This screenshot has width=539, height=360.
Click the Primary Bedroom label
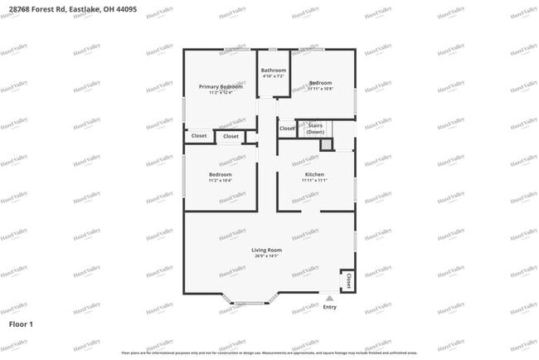pos(220,86)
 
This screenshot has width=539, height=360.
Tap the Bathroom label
pos(273,71)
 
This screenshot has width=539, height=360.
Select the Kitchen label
pos(314,174)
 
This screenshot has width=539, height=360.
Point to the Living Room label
pos(267,250)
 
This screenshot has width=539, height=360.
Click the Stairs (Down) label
pos(315,129)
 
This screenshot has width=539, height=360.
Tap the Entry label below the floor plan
pos(330,307)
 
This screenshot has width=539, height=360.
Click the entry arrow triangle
pos(330,298)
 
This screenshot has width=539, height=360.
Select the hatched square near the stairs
pos(327,145)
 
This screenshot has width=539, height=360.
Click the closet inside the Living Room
pos(347,280)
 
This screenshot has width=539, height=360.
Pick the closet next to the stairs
pos(286,129)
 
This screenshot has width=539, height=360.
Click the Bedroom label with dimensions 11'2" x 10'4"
pos(220,175)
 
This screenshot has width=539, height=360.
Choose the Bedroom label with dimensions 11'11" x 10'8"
pos(321,83)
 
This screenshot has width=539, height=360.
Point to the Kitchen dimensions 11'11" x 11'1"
pos(314,181)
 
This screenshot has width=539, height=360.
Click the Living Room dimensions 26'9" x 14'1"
pos(267,256)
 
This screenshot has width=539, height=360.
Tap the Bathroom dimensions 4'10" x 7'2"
pos(273,77)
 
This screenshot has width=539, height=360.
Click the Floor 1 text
pos(21,324)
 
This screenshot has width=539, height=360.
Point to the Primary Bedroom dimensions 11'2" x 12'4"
pos(220,93)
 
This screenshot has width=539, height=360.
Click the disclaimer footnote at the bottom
pos(269,353)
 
